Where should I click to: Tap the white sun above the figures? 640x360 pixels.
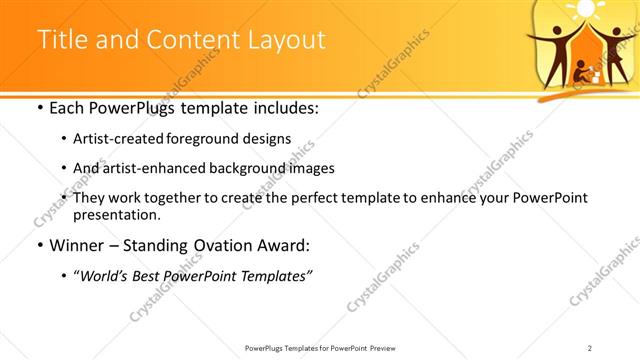click(x=585, y=9)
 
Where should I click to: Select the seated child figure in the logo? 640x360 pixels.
click(x=580, y=71)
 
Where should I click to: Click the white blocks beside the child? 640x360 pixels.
click(x=596, y=74)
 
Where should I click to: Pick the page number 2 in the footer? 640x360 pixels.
click(x=590, y=348)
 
